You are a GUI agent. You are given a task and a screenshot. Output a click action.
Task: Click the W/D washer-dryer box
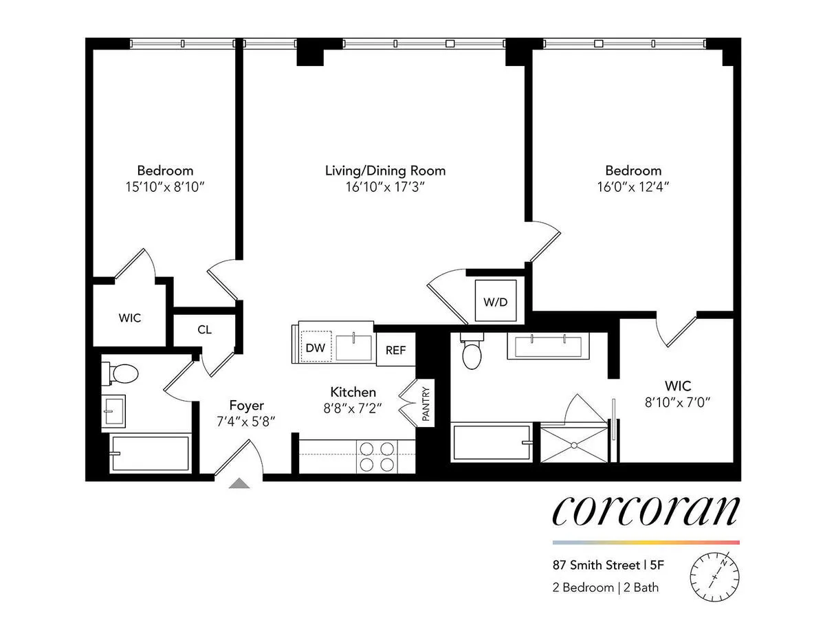click(499, 301)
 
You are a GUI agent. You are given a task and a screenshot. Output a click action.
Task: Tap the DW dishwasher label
click(315, 348)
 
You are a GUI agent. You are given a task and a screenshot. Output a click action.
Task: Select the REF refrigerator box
click(395, 350)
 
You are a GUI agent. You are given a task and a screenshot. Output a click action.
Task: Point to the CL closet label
click(204, 329)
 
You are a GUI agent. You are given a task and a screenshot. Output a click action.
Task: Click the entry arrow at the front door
click(239, 483)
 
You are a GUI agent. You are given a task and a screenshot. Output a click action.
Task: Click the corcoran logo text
click(646, 509)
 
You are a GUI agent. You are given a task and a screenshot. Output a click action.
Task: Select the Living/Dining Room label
click(385, 170)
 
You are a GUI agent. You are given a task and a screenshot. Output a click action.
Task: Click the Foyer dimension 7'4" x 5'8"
click(246, 421)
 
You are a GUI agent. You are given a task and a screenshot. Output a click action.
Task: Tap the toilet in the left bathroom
click(124, 373)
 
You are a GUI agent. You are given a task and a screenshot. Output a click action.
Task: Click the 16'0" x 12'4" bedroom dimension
click(633, 186)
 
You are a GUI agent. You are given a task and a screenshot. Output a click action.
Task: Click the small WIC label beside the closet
click(129, 318)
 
